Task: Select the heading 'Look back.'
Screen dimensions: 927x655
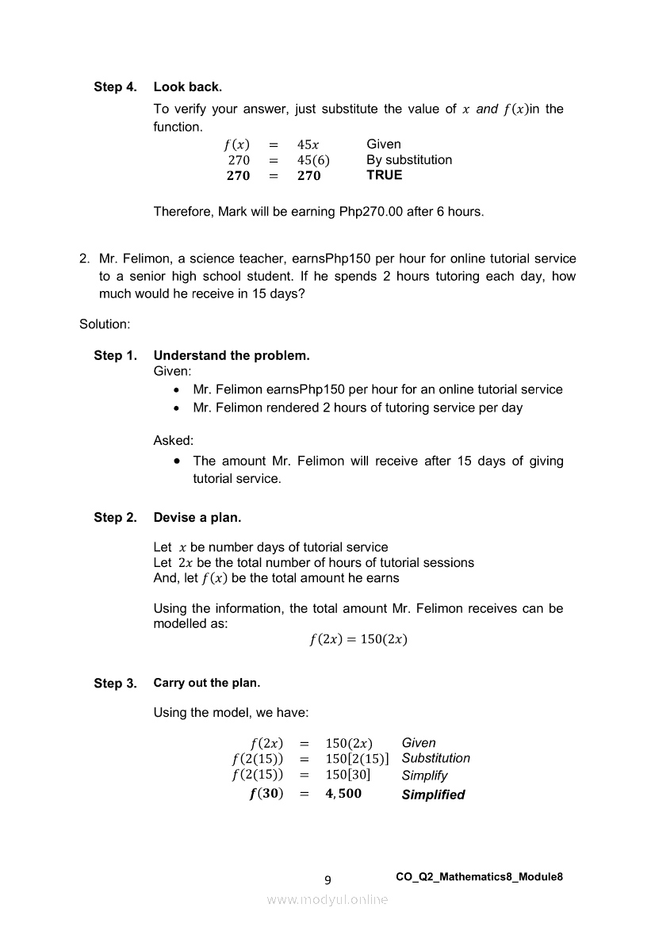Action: (188, 86)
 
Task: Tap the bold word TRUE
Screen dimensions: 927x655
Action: (385, 175)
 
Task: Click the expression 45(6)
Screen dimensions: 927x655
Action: (313, 160)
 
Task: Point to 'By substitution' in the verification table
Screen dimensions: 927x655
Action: (409, 160)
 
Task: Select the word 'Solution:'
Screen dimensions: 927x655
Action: (105, 324)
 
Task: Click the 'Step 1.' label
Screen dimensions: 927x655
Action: (115, 355)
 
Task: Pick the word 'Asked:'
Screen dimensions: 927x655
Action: (173, 440)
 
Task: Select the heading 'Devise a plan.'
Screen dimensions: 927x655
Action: (197, 518)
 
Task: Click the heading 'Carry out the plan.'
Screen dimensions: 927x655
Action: (206, 683)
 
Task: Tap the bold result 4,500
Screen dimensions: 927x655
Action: (343, 794)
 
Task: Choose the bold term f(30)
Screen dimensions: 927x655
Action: (266, 794)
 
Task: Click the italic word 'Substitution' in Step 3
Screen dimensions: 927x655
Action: (435, 758)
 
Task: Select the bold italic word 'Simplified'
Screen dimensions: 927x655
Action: (433, 795)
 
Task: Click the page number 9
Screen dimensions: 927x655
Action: (328, 879)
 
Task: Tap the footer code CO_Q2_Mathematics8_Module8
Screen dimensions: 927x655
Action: (479, 876)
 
